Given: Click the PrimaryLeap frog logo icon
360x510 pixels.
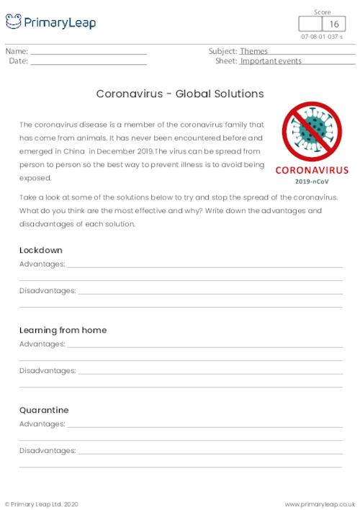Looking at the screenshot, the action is pos(14,22).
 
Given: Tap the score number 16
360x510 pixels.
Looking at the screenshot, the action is pos(334,25).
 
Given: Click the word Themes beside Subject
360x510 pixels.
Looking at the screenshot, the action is pos(253,52).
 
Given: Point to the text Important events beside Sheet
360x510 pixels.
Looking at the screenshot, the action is pos(271,61).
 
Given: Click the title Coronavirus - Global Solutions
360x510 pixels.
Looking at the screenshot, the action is pos(179,94).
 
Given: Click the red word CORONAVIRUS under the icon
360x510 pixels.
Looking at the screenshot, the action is pos(311,171).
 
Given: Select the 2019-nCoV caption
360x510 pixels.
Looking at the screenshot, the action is pos(311,182).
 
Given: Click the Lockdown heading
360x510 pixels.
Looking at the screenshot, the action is pos(41,250).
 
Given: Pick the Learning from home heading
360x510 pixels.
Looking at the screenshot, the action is pos(63,330).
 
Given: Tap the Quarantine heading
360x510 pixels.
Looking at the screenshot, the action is pos(44,410).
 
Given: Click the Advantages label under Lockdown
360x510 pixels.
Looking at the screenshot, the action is pos(42,264).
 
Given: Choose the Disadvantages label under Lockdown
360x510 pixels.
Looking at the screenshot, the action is pos(48,290).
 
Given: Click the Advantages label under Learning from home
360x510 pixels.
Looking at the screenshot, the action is pos(42,344).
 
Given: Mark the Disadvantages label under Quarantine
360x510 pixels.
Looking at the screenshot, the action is pos(48,450).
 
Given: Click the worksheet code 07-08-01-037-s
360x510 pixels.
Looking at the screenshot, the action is pos(322,37).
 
